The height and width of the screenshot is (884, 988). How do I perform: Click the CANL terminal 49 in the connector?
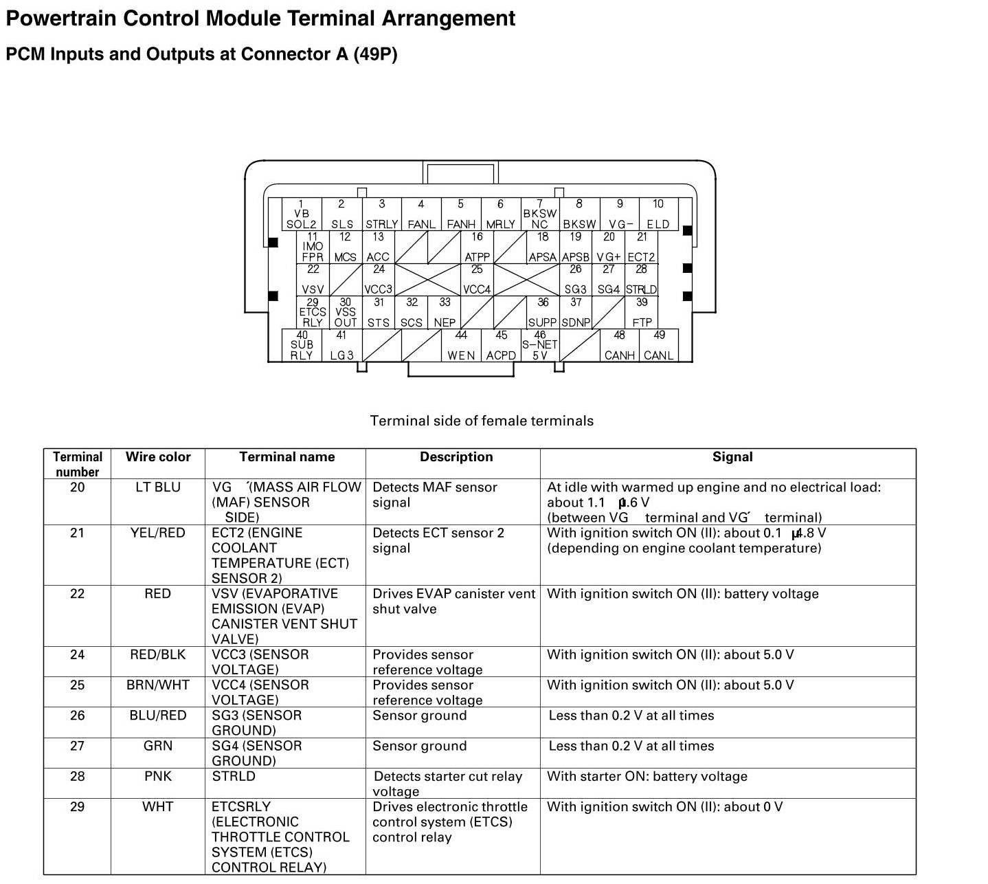658,346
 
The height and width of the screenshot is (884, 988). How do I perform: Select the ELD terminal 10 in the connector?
658,214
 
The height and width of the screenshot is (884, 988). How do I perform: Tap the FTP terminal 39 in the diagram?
642,313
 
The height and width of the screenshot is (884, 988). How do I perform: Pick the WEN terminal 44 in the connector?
461,346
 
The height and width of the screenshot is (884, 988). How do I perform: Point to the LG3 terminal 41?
341,346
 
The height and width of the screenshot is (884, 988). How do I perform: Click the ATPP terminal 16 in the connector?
477,247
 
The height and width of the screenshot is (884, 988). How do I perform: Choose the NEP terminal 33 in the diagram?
445,313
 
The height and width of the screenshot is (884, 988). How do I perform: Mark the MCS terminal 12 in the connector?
345,247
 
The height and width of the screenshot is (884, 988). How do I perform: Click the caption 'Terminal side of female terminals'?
482,421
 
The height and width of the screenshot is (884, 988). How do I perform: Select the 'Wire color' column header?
158,457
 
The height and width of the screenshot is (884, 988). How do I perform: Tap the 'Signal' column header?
732,457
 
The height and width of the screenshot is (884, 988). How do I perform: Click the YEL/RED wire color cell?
158,533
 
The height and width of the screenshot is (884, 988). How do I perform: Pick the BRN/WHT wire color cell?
158,685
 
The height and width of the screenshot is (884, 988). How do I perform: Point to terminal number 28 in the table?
78,777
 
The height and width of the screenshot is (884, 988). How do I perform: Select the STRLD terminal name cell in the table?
234,777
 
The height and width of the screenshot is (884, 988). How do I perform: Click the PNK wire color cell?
158,777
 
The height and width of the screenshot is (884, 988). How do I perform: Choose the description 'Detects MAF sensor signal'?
434,495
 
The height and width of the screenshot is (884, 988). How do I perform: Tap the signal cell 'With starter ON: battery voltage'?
647,777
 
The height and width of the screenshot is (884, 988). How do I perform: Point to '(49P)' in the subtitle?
375,54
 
